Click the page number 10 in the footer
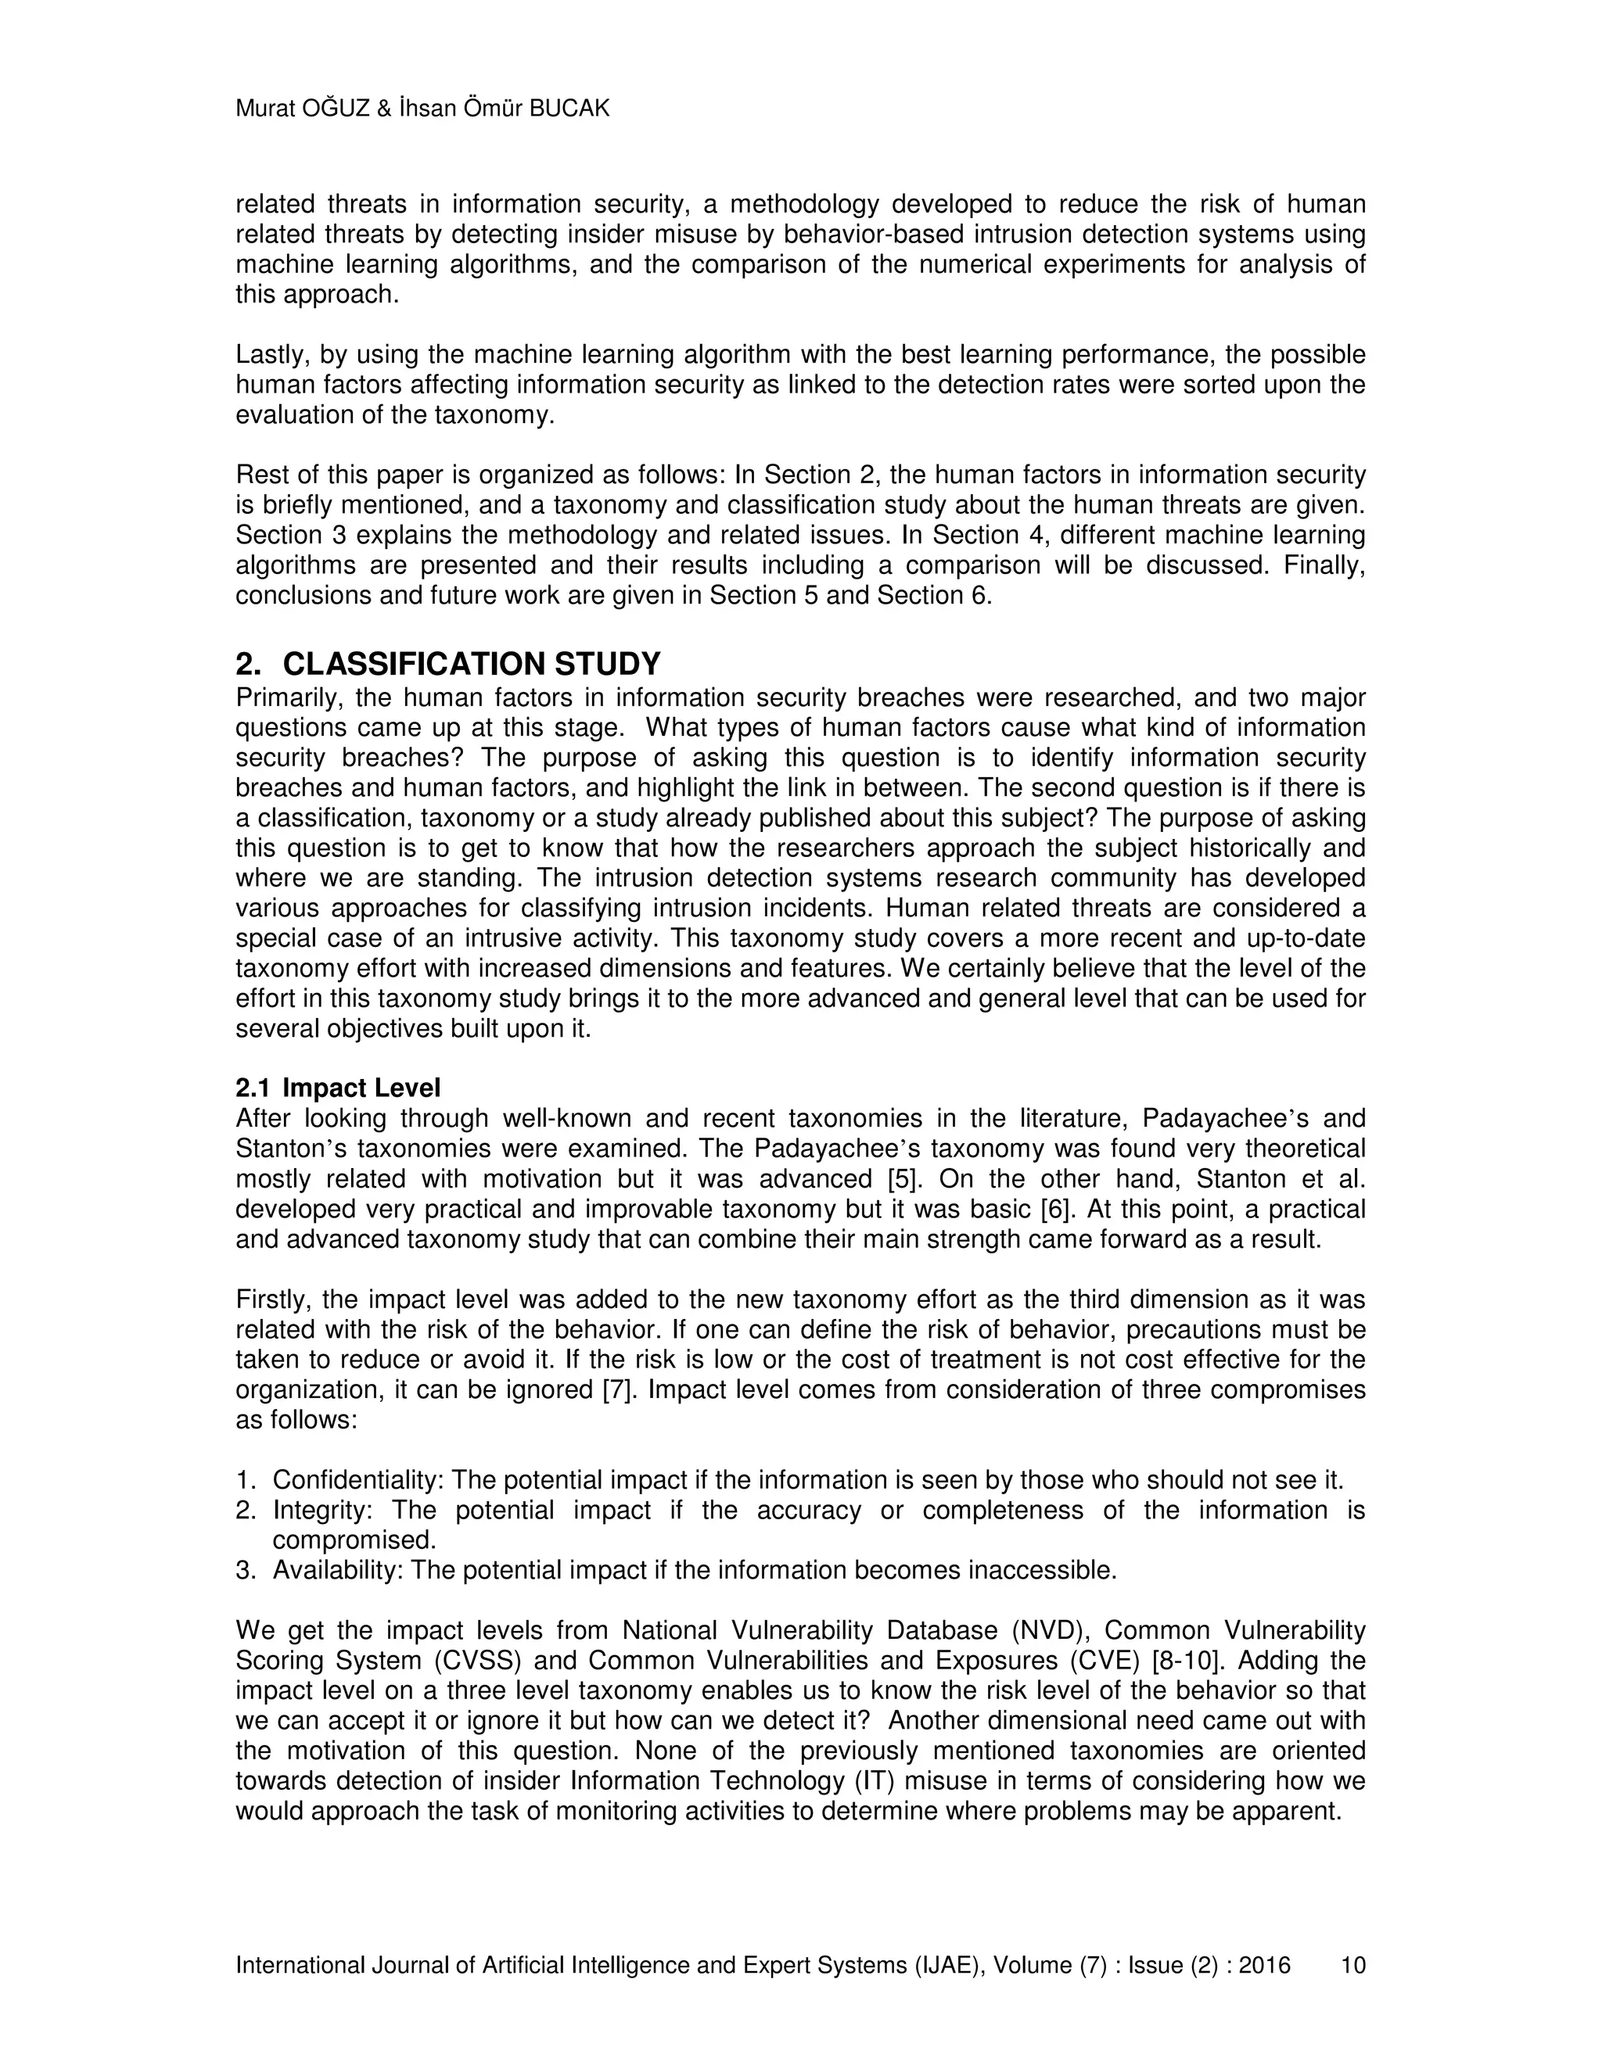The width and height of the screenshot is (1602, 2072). [1352, 1965]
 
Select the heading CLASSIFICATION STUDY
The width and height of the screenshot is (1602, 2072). [471, 663]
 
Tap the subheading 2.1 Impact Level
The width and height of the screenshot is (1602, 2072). [338, 1088]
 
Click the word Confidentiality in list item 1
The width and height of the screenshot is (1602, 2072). [357, 1480]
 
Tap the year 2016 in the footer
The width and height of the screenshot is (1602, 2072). [1263, 1965]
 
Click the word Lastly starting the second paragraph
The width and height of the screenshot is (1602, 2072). [270, 356]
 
